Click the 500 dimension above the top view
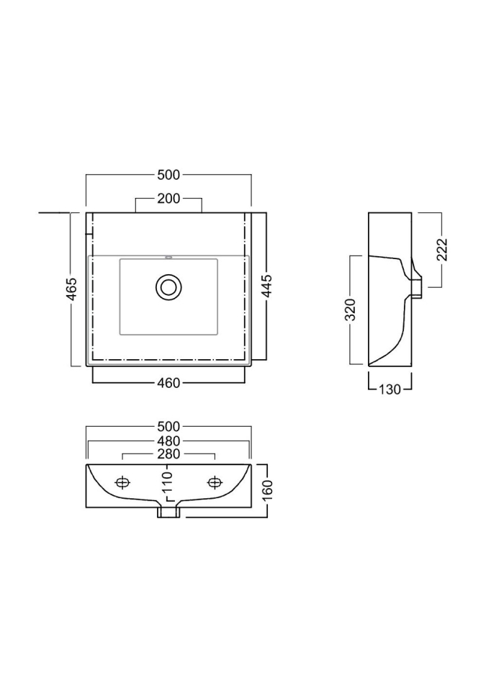point(169,175)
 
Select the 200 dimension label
point(169,199)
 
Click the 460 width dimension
point(169,384)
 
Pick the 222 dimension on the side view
point(441,250)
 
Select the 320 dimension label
point(350,310)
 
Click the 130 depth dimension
point(390,389)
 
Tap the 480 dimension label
point(169,441)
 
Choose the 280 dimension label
point(169,454)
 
